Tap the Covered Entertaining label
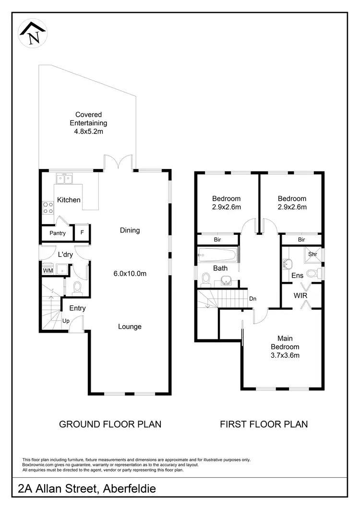tap(88, 123)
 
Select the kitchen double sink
tap(64, 179)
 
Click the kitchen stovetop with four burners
tap(48, 207)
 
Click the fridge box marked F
tap(82, 233)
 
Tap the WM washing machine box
tap(48, 271)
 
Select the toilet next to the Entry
tap(77, 287)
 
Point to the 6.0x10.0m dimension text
tap(130, 273)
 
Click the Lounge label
tap(130, 327)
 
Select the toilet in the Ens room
tap(312, 274)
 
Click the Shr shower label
tap(312, 254)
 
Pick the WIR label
tap(300, 296)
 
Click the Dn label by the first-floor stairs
tap(252, 298)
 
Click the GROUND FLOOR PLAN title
tap(110, 424)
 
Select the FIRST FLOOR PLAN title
tap(264, 424)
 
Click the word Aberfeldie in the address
tap(127, 489)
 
